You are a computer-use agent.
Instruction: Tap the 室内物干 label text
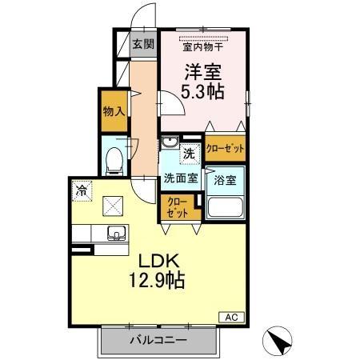click(x=203, y=46)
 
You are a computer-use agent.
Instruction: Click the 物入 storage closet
click(x=114, y=110)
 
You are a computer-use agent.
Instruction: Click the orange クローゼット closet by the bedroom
click(x=225, y=148)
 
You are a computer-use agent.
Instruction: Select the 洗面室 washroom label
click(x=180, y=177)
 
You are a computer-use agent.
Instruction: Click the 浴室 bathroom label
click(x=225, y=181)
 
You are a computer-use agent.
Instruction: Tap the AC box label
click(x=228, y=317)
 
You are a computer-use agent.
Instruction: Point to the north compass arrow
click(x=280, y=342)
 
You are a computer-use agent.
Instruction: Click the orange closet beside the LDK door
click(x=178, y=208)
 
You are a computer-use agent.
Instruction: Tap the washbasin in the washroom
click(x=169, y=145)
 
